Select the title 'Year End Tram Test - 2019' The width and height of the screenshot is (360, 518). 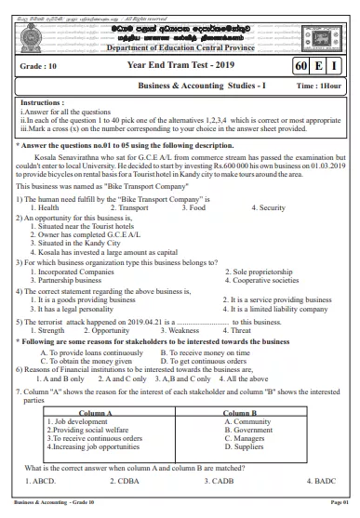(x=179, y=66)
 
